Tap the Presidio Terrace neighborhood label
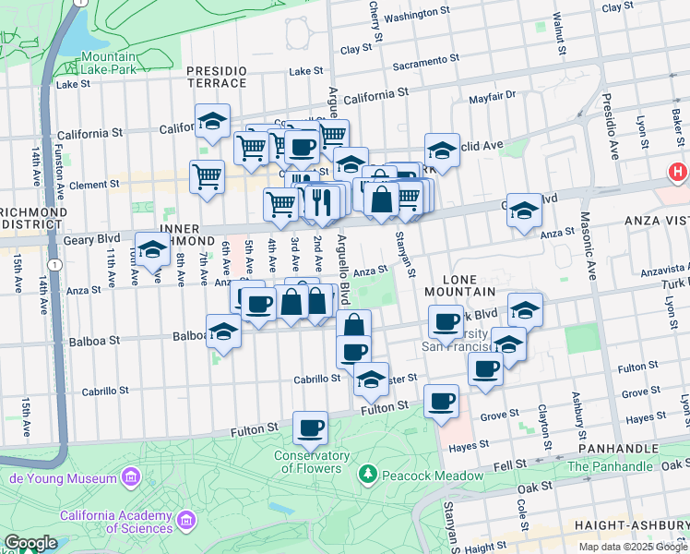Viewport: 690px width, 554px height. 217,77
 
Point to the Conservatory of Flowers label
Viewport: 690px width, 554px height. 311,462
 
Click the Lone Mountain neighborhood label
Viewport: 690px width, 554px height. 461,284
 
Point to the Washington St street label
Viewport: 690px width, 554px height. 422,18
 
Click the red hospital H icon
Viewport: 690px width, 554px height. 678,172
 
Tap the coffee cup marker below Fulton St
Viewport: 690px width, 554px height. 311,428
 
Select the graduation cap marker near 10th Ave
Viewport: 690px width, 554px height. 152,249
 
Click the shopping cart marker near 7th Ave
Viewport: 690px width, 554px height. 208,177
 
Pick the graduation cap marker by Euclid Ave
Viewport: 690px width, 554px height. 442,151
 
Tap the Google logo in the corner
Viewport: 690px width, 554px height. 30,543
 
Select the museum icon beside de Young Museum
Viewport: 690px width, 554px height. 130,477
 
